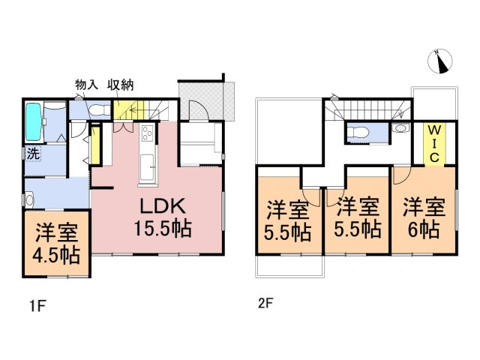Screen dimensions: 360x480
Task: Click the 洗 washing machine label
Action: [33, 154]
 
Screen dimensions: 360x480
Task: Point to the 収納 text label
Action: [120, 85]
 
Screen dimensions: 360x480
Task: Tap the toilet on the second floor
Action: [358, 133]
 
